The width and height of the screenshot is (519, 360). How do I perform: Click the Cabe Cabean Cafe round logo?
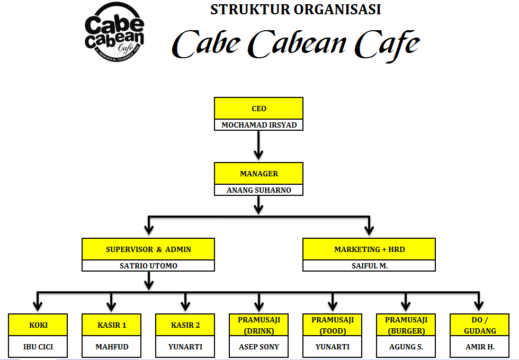coord(114,39)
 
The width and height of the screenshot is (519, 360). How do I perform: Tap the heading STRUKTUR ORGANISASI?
coord(296,10)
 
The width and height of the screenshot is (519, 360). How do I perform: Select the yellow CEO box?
coord(258,109)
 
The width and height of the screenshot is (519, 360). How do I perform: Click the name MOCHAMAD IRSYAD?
coord(258,125)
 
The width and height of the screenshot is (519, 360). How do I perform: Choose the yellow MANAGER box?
coord(258,174)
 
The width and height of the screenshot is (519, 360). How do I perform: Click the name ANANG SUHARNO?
coord(258,190)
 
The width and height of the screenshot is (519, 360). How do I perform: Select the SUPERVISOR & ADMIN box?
coord(148,249)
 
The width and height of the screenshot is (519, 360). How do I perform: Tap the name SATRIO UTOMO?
coord(148,266)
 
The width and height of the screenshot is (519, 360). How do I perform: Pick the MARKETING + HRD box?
coord(369,249)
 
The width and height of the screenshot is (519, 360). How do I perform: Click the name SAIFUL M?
coord(369,266)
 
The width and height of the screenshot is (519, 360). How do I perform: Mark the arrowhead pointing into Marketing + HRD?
coord(369,230)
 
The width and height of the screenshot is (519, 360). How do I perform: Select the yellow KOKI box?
coord(38,325)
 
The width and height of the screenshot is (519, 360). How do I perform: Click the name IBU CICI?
coord(38,347)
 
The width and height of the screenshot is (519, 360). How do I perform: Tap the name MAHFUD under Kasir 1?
coord(112,347)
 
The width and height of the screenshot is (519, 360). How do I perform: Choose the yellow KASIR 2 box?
coord(185,325)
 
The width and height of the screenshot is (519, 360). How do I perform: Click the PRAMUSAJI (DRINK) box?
coord(259,325)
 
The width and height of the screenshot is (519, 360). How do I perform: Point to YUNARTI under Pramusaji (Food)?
coord(333,347)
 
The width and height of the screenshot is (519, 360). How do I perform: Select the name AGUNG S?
coord(406,347)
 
